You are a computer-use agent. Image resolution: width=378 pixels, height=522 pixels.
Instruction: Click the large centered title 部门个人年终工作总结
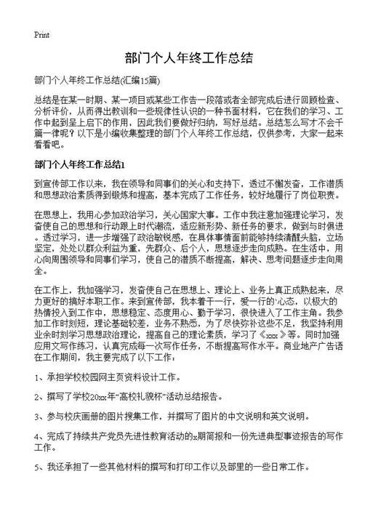tap(188, 58)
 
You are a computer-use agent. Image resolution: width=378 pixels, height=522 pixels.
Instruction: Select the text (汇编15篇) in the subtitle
tap(142, 80)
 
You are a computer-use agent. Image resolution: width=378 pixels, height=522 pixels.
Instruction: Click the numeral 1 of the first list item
tap(36, 377)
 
